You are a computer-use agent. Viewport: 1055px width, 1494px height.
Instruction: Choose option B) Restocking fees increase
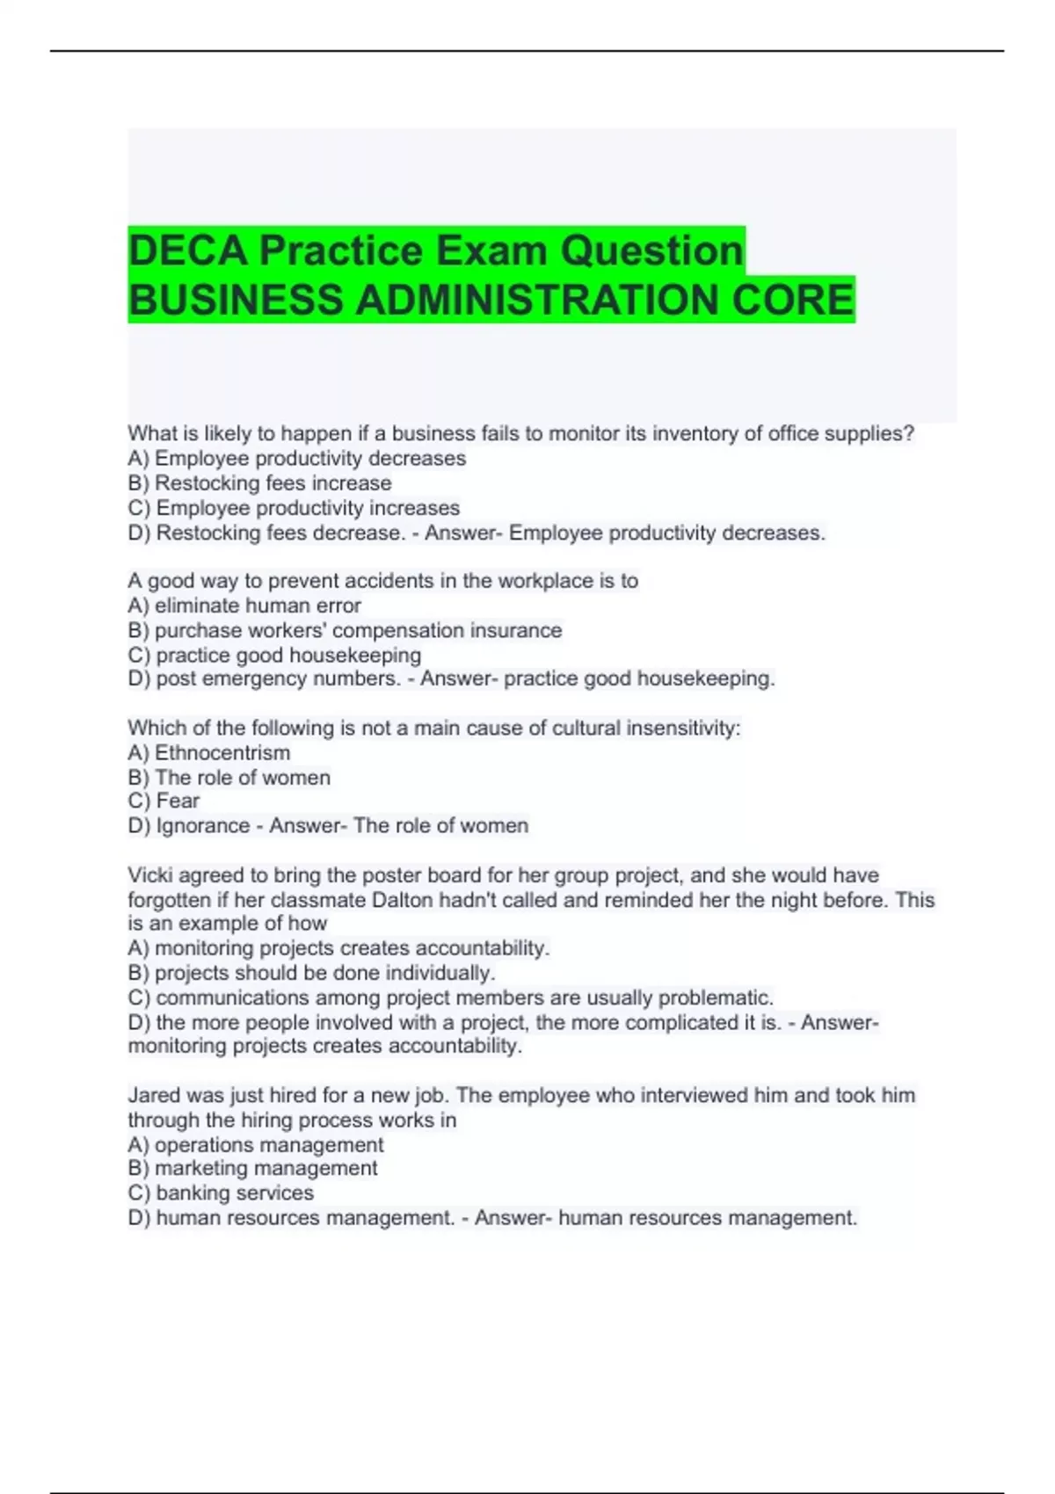pos(259,483)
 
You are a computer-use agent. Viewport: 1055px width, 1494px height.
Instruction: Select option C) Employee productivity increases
pos(294,508)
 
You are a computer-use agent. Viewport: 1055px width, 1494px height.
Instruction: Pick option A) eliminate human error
pos(244,606)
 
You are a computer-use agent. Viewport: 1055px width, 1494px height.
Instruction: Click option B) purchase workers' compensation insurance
pos(345,630)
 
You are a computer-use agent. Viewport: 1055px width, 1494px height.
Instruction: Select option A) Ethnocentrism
pos(209,753)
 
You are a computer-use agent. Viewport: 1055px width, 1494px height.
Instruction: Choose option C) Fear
pos(164,801)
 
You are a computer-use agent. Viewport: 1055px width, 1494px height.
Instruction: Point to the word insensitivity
pos(683,729)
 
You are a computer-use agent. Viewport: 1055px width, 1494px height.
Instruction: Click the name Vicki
pos(152,875)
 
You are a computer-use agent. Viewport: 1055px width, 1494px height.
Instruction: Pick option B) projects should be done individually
pos(312,973)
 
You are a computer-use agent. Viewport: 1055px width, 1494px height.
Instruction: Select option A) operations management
pos(256,1145)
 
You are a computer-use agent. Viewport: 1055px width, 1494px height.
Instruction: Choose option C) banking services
pos(221,1193)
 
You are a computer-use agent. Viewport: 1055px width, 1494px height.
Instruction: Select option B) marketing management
pos(252,1168)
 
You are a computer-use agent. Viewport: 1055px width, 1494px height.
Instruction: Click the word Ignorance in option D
pos(203,826)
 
